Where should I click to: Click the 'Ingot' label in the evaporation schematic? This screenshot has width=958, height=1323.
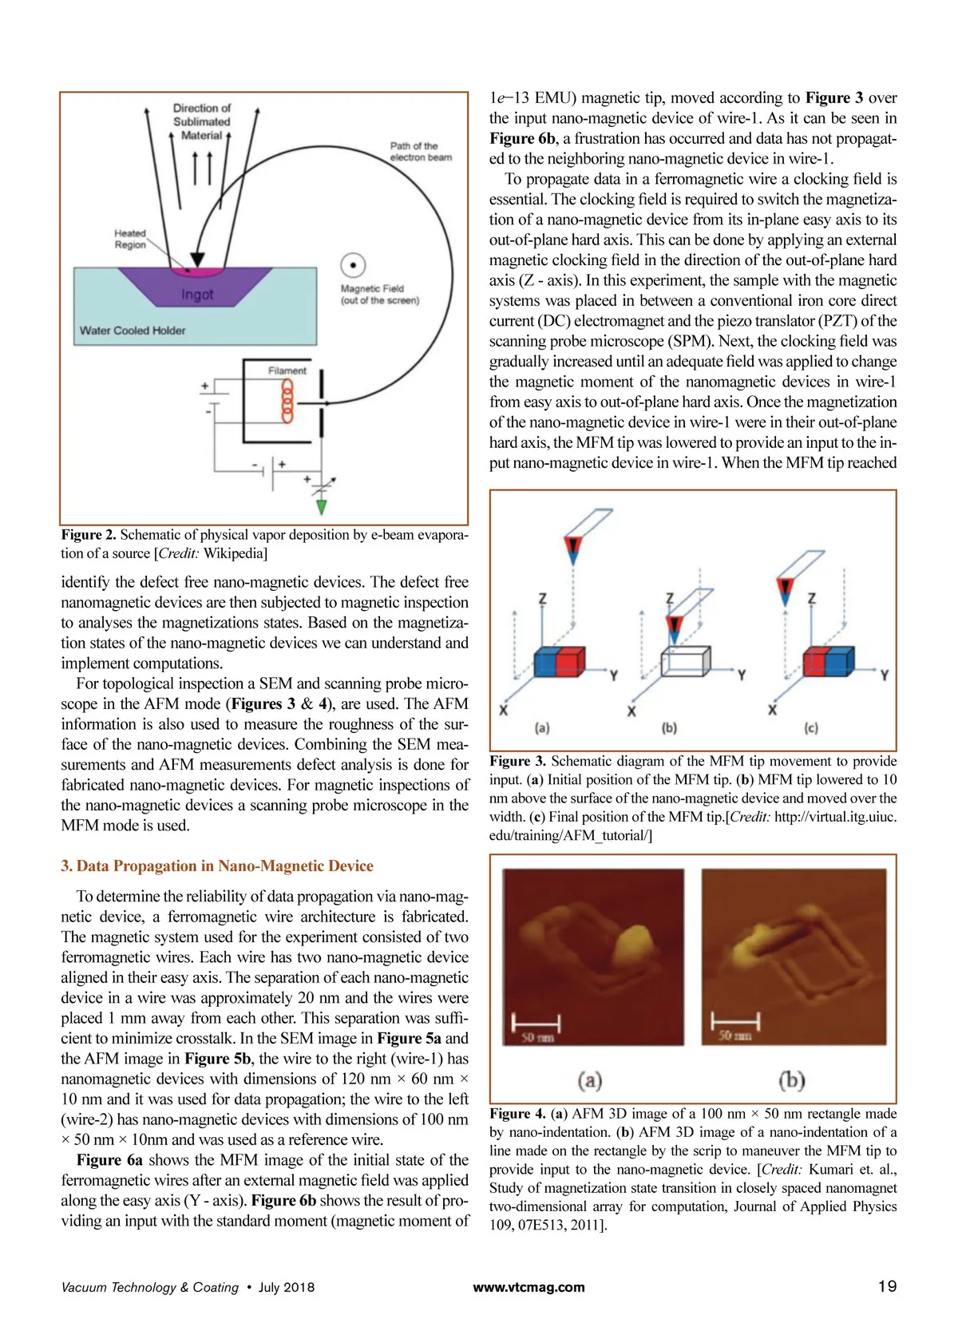coord(196,295)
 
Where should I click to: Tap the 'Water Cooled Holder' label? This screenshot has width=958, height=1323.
coord(133,331)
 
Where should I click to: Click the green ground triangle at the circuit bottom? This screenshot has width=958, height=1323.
coord(321,507)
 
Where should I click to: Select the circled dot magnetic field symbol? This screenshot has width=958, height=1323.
coord(353,265)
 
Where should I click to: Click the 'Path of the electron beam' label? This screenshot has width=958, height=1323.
coord(420,152)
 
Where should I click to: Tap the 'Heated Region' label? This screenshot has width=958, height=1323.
coord(130,239)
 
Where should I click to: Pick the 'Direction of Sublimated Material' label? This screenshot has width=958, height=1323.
coord(201,121)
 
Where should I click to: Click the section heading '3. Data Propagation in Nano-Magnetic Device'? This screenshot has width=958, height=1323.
coord(217,866)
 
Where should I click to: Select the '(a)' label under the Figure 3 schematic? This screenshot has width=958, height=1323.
coord(542,728)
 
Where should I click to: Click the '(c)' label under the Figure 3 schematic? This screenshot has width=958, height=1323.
coord(811,728)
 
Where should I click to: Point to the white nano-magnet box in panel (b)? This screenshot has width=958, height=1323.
coord(685,662)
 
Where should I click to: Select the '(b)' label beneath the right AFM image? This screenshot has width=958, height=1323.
coord(791,1080)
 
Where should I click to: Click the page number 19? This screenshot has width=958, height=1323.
coord(887,1286)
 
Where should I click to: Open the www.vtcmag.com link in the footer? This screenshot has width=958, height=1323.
coord(528,1287)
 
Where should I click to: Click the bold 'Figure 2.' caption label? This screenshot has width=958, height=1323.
coord(89,535)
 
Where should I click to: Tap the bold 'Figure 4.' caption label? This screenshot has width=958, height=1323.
coord(517,1114)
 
